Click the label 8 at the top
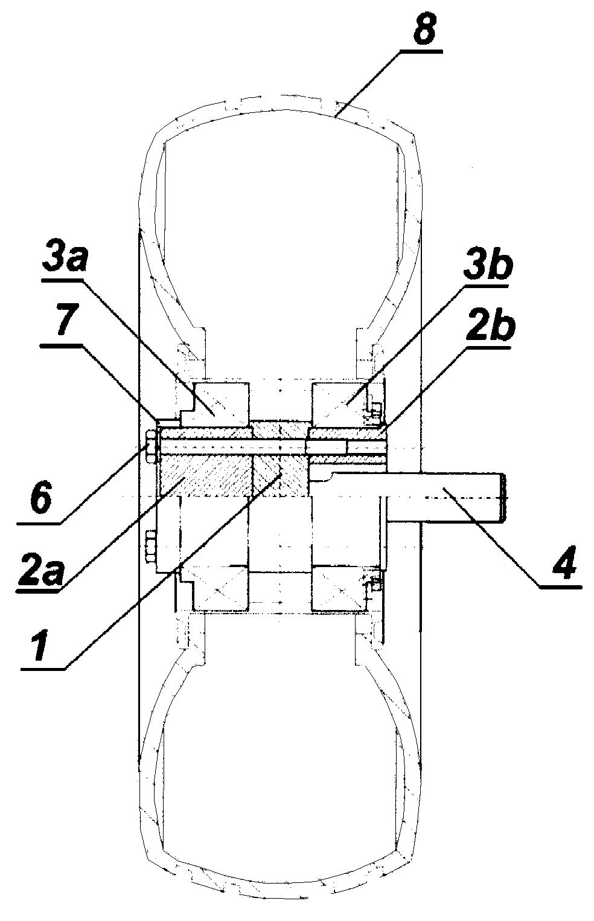pos(424,29)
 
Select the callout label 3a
pos(65,258)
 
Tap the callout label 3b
pos(488,266)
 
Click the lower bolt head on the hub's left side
pos(151,547)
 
